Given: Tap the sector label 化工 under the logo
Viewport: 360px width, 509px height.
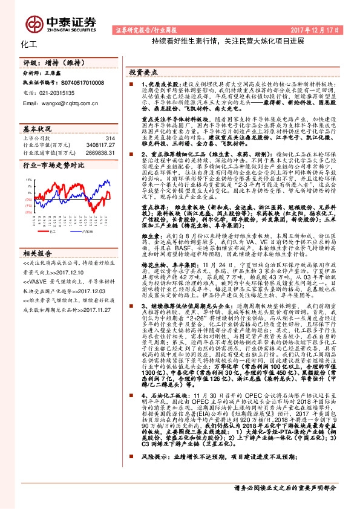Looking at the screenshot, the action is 28,45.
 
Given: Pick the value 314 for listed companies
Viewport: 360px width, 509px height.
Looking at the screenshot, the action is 110,139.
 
